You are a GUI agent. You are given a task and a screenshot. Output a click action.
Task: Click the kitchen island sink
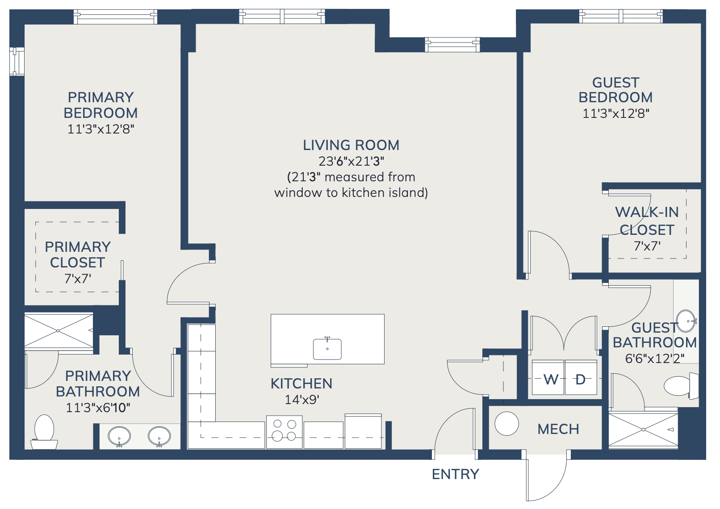point(327,349)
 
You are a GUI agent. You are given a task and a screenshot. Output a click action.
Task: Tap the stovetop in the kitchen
point(284,432)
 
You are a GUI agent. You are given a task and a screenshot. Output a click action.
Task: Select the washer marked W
point(548,378)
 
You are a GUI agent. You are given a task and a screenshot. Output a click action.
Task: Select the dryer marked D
point(581,378)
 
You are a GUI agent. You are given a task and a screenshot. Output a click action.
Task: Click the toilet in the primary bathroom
point(44,432)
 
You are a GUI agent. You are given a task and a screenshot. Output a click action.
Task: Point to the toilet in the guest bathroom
point(681,386)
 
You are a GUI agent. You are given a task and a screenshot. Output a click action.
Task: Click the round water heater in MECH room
point(507,424)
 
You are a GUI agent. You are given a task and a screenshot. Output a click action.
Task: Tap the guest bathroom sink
point(687,321)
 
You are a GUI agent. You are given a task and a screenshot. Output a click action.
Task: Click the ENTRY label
point(456,474)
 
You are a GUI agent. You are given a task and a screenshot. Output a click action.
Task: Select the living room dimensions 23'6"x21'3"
point(351,161)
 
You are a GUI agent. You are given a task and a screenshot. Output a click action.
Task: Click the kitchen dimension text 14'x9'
point(302,400)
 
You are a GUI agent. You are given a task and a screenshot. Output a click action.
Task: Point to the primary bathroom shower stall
point(59,331)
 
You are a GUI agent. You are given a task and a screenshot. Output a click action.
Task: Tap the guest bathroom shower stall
point(643,430)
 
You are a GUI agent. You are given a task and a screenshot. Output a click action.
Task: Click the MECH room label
point(558,430)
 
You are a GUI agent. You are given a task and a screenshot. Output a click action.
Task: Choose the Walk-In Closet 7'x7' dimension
point(647,246)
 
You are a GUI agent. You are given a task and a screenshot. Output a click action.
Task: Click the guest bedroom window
point(621,17)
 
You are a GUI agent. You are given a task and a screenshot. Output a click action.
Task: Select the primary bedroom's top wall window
point(115,17)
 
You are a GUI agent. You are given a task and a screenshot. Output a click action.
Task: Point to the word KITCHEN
point(301,384)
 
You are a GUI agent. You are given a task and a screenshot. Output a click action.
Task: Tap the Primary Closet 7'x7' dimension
point(78,279)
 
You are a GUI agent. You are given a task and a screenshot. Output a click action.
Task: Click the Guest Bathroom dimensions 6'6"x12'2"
point(655,358)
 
